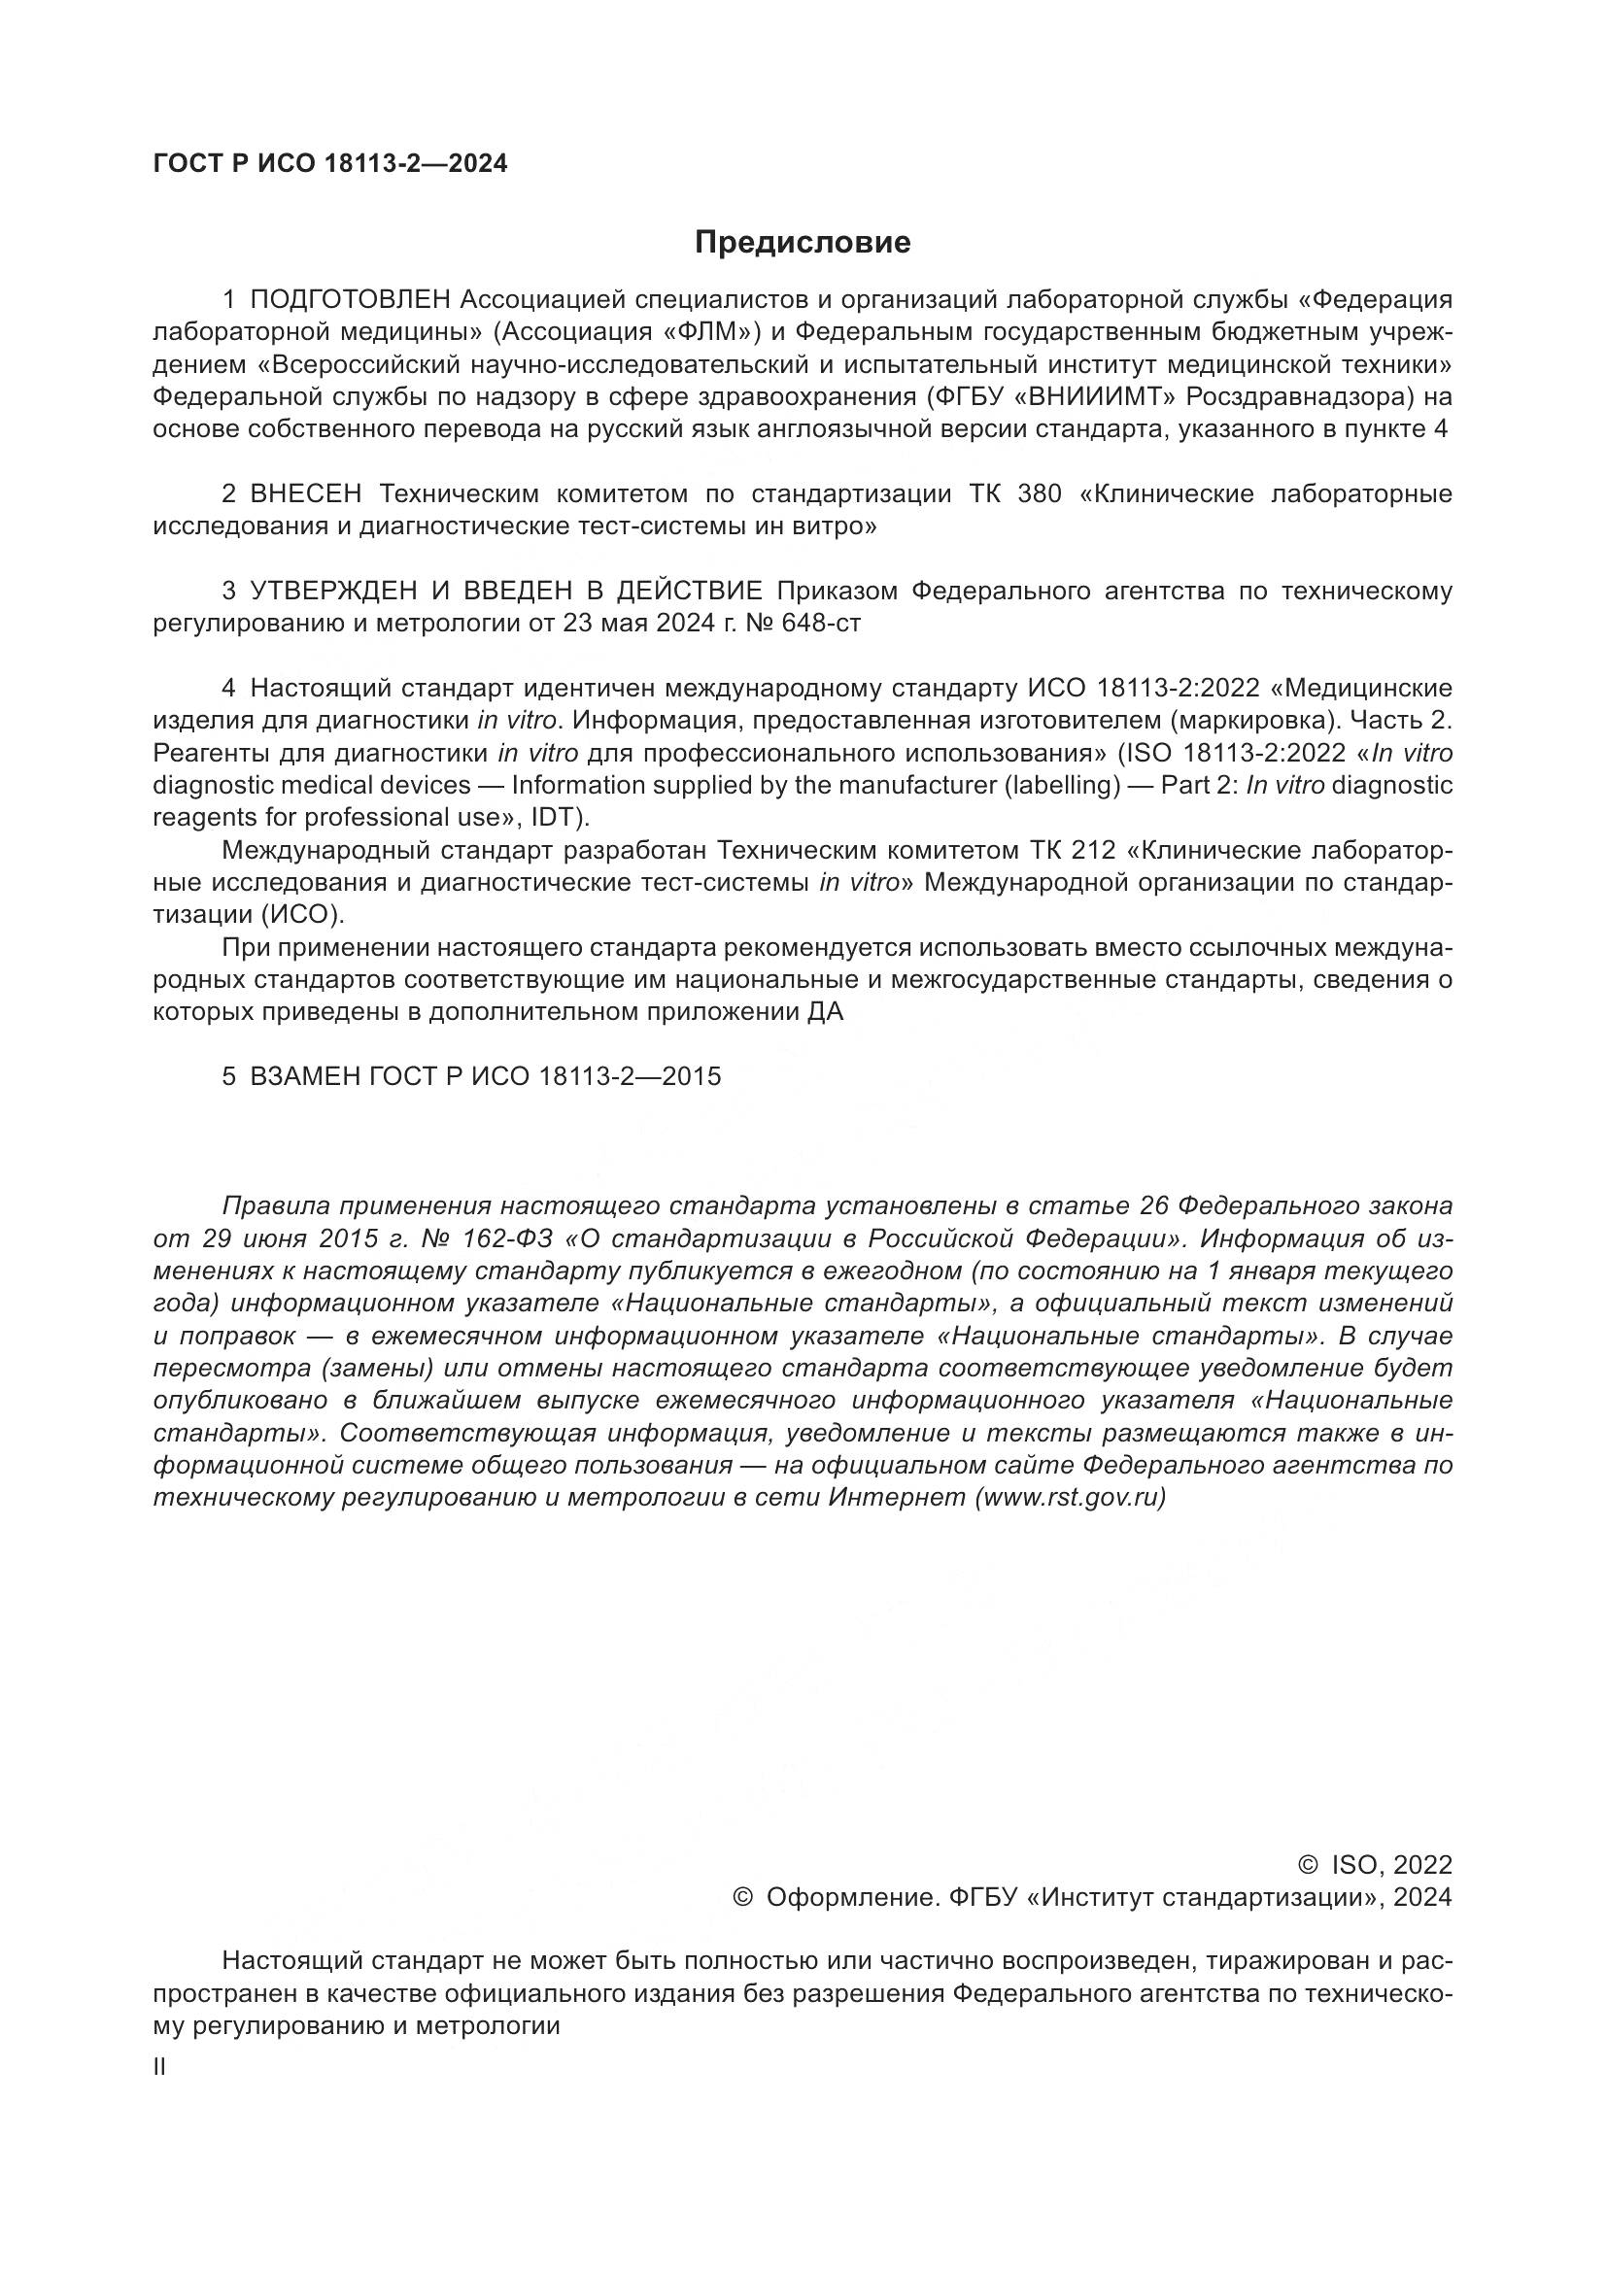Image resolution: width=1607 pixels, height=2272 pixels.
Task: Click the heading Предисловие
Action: pos(803,243)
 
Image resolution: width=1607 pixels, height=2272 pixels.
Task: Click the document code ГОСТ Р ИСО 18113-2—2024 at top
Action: pos(330,164)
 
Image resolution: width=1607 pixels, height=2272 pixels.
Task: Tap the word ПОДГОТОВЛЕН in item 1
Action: pos(352,300)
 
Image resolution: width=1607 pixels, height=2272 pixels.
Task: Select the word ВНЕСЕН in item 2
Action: pos(306,493)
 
